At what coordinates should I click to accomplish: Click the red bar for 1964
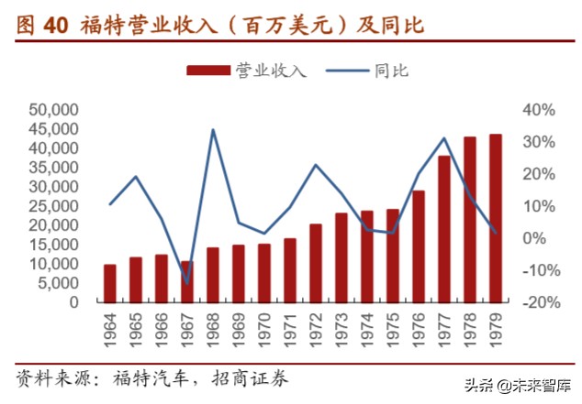pos(110,283)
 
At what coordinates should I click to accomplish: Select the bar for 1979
pos(496,218)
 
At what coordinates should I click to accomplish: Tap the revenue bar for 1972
pos(316,263)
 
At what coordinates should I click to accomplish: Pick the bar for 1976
pos(419,246)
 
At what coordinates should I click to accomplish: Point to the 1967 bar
pos(187,281)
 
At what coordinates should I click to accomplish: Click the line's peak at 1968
pos(213,129)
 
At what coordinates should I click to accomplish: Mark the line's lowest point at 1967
pos(187,283)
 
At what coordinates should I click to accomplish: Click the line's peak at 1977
pos(444,138)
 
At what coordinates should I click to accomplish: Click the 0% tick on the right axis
pos(533,238)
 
